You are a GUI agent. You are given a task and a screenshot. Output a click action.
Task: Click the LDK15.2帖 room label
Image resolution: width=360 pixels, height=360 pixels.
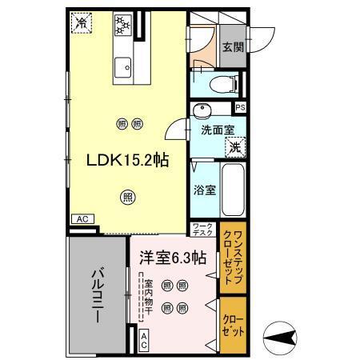tap(127, 160)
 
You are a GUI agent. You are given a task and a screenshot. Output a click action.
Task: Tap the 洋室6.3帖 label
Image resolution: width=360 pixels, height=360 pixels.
tap(173, 258)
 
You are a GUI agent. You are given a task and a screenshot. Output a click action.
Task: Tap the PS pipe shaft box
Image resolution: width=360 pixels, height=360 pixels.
tap(239, 106)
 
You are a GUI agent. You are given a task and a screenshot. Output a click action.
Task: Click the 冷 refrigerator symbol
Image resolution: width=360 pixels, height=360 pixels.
tap(82, 24)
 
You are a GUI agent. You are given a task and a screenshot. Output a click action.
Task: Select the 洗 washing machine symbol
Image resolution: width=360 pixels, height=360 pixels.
tap(234, 146)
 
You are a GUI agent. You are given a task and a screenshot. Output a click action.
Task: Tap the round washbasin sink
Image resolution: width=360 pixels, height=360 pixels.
tap(201, 110)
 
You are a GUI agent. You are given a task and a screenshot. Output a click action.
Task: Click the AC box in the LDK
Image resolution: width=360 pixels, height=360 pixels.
tap(82, 218)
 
